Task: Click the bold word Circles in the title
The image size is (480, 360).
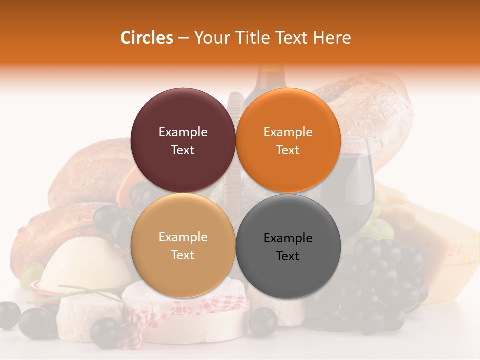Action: click(146, 38)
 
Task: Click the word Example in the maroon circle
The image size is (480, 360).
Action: click(183, 132)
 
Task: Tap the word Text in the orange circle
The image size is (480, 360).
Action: click(288, 150)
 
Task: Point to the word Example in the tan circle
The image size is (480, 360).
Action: click(183, 237)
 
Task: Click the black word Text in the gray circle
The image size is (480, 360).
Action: click(288, 256)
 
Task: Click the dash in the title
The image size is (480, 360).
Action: click(183, 38)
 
